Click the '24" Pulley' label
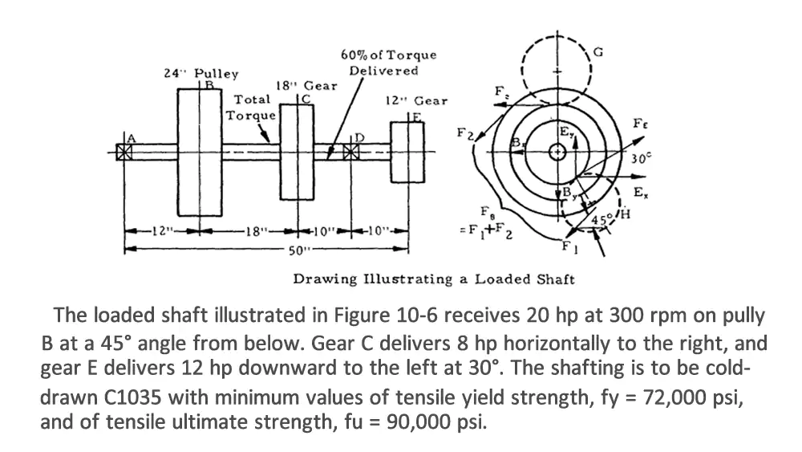pyautogui.click(x=200, y=73)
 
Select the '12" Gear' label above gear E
pyautogui.click(x=416, y=101)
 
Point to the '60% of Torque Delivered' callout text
pyautogui.click(x=388, y=63)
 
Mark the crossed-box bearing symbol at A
pyautogui.click(x=124, y=152)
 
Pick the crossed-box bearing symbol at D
pyautogui.click(x=350, y=152)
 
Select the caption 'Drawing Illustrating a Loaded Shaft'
pyautogui.click(x=433, y=279)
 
